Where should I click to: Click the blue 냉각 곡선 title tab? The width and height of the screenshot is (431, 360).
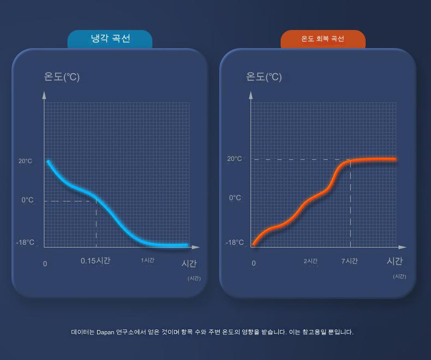[110, 39]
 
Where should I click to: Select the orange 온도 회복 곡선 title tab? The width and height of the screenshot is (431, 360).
[322, 39]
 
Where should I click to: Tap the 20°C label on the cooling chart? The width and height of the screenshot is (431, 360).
[26, 161]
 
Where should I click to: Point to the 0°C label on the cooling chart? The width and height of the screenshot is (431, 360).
[27, 200]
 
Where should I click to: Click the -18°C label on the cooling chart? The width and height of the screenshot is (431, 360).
[25, 242]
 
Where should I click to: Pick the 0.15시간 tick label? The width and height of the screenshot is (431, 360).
[95, 261]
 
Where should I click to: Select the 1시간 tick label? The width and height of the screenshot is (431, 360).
[147, 260]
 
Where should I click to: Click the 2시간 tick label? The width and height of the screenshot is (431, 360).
[310, 261]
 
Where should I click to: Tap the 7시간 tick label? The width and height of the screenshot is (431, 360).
[350, 261]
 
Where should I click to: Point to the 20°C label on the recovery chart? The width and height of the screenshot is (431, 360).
[235, 159]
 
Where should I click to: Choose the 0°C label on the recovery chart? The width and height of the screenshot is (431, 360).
[235, 197]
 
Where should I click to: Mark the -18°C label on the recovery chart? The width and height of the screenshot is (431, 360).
[235, 242]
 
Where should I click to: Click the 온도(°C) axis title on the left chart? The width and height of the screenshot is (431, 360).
[62, 77]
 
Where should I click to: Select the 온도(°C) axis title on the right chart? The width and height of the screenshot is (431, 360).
[264, 77]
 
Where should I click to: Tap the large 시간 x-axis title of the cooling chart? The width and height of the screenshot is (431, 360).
[189, 263]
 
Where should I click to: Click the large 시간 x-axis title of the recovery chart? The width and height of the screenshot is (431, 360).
[394, 261]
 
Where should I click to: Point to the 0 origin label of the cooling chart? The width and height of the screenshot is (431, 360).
[45, 264]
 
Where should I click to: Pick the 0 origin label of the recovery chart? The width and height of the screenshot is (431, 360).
[254, 264]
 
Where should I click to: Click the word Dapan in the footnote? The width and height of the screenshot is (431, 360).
[106, 332]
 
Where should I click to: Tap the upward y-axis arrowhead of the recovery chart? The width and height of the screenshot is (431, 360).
[251, 95]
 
